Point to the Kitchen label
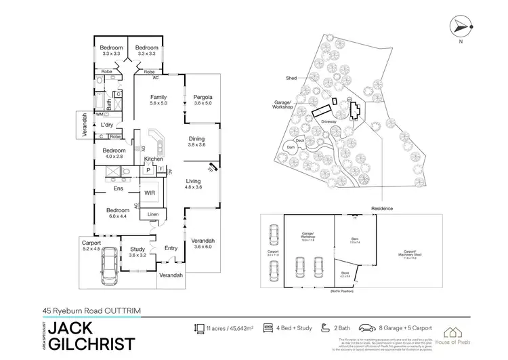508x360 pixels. tap(154, 159)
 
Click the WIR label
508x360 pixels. tap(150, 193)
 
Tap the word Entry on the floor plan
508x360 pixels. tap(171, 248)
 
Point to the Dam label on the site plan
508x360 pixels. tap(292, 147)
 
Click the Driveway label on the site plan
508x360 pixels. tap(329, 122)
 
